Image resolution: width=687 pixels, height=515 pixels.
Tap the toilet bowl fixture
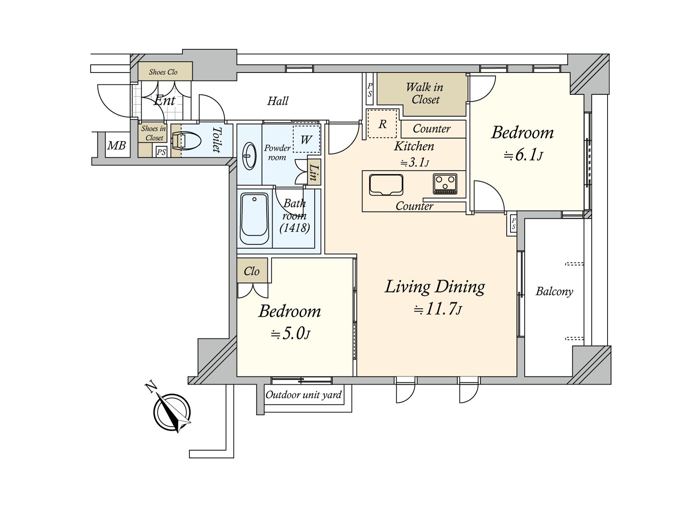coord(186,141)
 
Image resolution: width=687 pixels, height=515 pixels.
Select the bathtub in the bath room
coord(255,218)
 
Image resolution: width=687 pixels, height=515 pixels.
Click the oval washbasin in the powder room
coord(249,156)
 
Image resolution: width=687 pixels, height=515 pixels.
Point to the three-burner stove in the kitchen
coord(445,184)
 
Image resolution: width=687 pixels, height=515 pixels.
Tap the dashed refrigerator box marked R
coord(382,124)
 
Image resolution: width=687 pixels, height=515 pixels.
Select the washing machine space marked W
coord(307,139)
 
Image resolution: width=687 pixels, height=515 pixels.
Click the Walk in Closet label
coord(425,93)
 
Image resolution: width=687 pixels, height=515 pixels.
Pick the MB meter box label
coord(116,145)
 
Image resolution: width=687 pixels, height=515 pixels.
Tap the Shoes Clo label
coord(163,72)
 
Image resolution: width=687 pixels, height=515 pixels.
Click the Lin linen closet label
coord(312,173)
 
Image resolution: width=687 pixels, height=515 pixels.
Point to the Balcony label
coord(554,291)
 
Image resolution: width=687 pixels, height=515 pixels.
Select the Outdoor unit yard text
coord(303,394)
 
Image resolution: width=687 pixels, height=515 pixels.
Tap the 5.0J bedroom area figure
coord(290,334)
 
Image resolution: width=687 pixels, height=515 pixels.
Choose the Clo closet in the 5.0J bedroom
coord(252,271)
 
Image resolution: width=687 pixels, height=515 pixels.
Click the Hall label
coord(278,101)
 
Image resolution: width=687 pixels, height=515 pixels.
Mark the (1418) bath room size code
coord(295,228)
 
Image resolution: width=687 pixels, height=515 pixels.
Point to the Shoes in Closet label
coord(153,133)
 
